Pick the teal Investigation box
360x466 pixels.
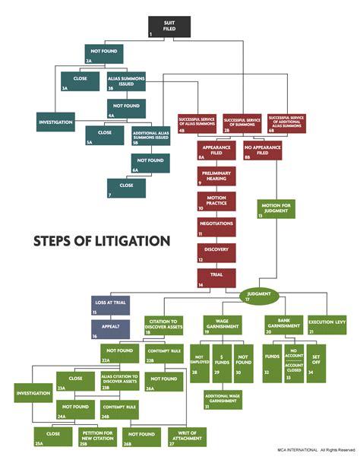[x=56, y=121]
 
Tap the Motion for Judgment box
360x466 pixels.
[x=276, y=208]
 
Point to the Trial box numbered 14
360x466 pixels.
[x=216, y=277]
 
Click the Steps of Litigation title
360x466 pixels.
[x=101, y=241]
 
